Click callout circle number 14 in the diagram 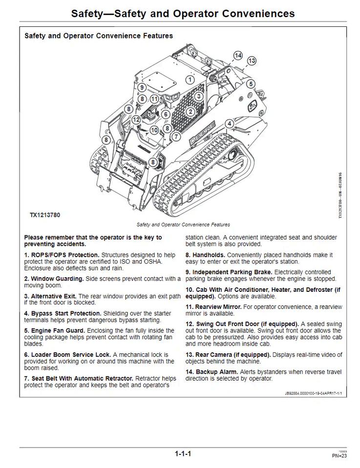[237, 56]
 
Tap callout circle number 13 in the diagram [251, 61]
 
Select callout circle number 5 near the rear [251, 84]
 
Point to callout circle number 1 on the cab [190, 80]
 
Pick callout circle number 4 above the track [229, 123]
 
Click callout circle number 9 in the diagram [142, 87]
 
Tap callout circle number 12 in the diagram [136, 120]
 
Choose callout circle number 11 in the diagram [154, 99]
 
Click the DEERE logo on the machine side [201, 136]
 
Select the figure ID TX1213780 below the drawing [45, 215]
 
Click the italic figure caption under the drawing [183, 224]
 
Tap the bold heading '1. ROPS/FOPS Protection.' [62, 255]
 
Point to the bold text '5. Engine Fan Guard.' [55, 330]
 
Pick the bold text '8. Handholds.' [205, 255]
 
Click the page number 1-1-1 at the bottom [183, 454]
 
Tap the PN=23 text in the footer [339, 456]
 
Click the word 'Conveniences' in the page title [258, 13]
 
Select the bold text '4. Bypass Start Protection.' [63, 313]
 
